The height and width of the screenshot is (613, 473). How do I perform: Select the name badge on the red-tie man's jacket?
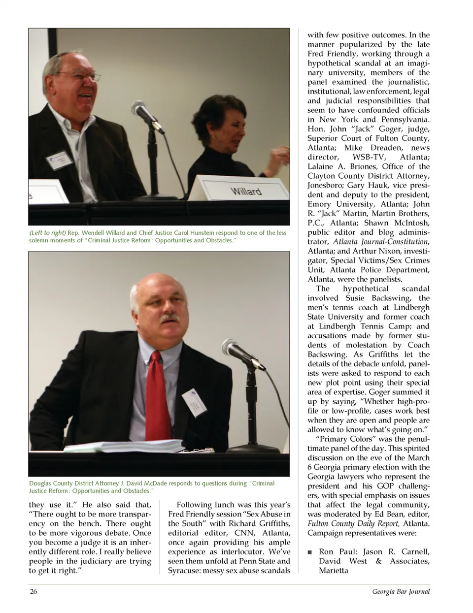coord(193,402)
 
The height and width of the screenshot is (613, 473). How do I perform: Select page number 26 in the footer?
coord(34,591)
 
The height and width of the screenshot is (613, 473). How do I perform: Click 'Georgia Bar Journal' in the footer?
coord(401,591)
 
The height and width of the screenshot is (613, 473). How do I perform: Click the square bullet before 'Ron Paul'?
coord(310,552)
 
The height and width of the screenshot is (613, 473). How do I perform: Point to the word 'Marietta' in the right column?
coord(334,571)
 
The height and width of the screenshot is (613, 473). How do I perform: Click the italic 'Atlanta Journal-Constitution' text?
coord(380,241)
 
